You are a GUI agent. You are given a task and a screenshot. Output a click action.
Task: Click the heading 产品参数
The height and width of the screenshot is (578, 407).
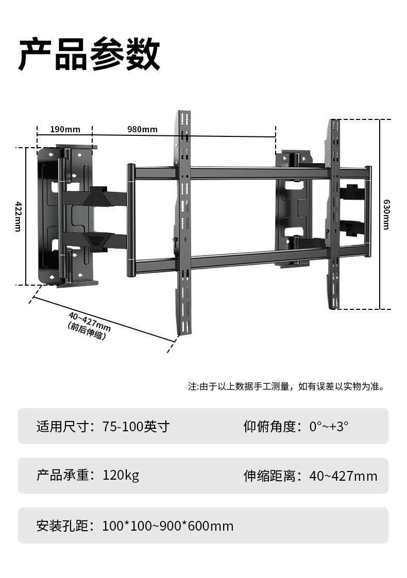89,54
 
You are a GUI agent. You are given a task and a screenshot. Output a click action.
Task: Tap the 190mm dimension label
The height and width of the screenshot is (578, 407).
65,129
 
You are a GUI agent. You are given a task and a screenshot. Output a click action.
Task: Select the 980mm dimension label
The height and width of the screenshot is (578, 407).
143,129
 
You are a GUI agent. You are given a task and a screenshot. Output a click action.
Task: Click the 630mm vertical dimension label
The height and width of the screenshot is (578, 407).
386,214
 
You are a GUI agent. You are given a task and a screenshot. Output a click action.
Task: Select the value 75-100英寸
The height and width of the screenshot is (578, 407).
136,427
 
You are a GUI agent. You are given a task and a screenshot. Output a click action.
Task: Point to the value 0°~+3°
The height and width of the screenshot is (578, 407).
329,427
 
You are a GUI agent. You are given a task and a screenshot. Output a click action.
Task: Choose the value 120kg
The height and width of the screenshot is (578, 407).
121,475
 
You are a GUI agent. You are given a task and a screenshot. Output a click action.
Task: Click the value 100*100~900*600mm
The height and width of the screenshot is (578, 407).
168,526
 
